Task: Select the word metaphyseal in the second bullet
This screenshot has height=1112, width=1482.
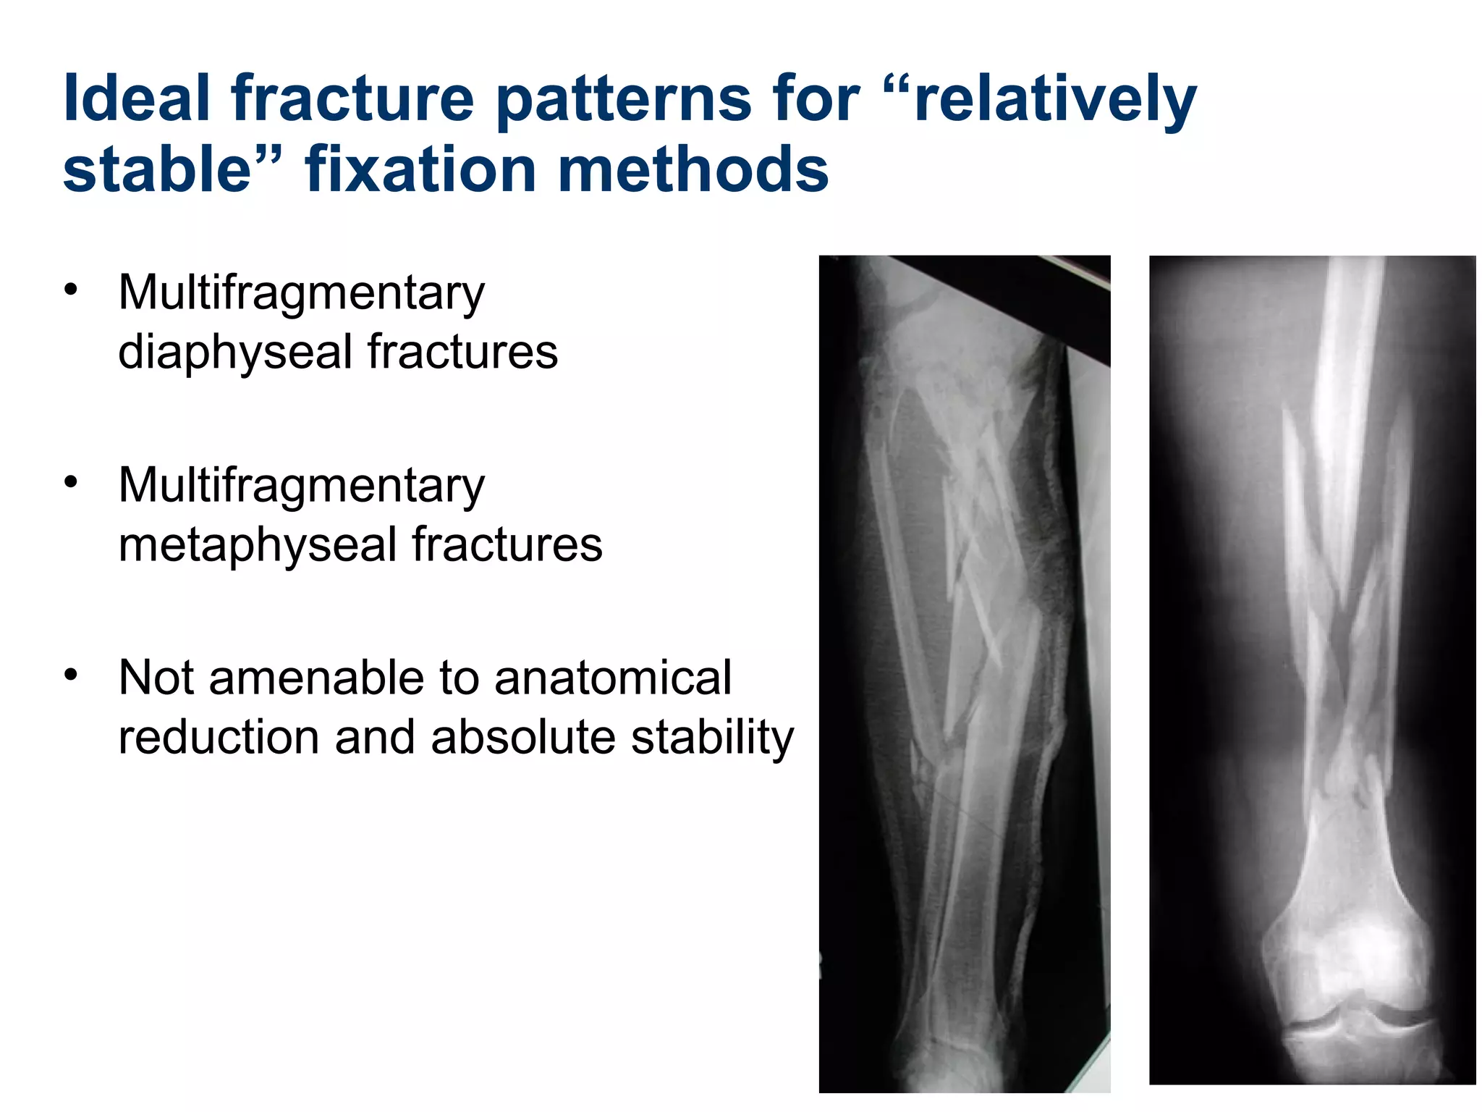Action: pos(258,545)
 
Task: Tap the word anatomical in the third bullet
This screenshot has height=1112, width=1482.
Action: pos(614,678)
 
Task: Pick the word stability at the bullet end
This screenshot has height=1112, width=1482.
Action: pos(713,738)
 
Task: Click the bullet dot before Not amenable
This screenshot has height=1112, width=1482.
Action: pos(70,675)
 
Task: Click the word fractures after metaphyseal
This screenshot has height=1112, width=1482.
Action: pos(507,545)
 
